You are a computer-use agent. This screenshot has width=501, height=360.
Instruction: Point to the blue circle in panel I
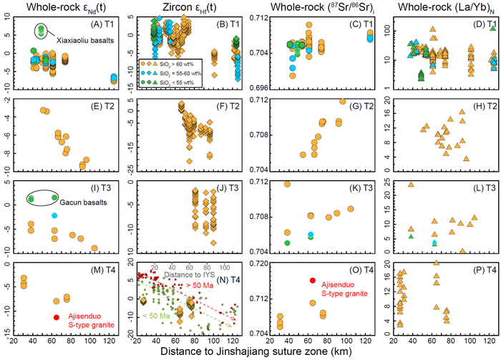[x=54, y=215]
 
